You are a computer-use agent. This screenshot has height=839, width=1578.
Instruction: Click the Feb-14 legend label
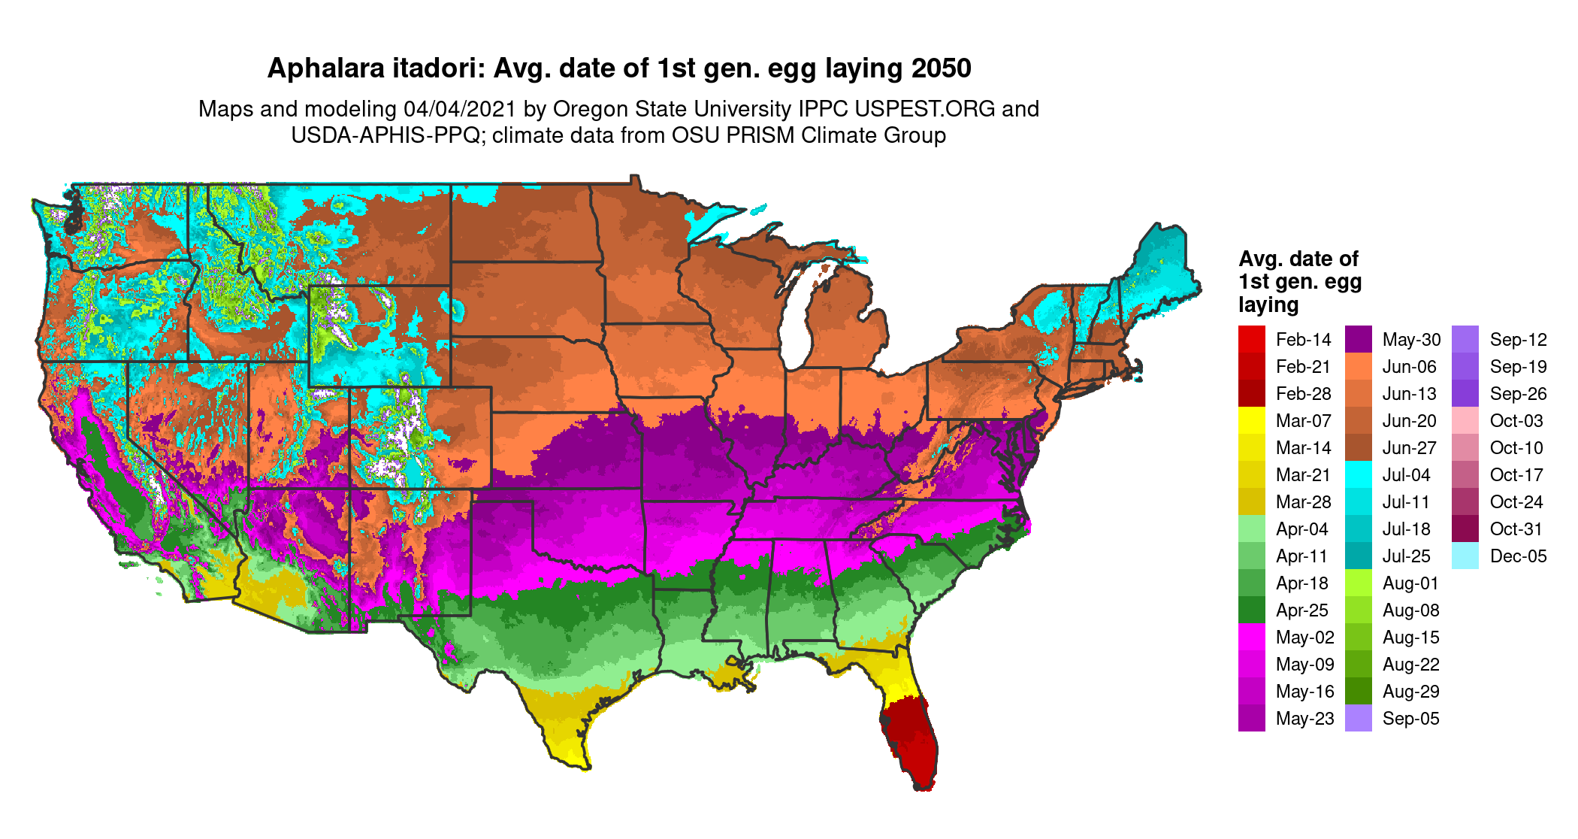[x=1303, y=340]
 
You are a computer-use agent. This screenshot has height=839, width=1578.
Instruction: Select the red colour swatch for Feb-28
[x=1251, y=394]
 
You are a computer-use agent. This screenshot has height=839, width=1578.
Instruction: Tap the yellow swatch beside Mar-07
[x=1251, y=421]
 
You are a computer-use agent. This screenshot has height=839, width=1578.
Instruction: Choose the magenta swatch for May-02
[x=1251, y=638]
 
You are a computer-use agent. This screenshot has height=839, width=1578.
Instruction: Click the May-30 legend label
[x=1411, y=340]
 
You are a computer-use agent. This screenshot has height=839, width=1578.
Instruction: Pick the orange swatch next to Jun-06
[x=1358, y=367]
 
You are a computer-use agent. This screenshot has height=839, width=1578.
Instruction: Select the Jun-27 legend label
[x=1410, y=448]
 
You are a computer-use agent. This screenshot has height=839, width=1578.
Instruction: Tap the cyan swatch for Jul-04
[x=1358, y=475]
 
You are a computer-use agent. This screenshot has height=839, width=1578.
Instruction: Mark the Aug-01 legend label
[x=1410, y=583]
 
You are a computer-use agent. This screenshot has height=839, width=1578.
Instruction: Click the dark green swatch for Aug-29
[x=1358, y=692]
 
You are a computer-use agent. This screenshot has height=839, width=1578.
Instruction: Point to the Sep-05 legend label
[x=1410, y=719]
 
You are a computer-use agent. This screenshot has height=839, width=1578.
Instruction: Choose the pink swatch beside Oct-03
[x=1465, y=421]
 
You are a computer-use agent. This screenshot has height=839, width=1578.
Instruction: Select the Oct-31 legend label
[x=1516, y=529]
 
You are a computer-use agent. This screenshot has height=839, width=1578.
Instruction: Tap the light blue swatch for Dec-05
[x=1465, y=556]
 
